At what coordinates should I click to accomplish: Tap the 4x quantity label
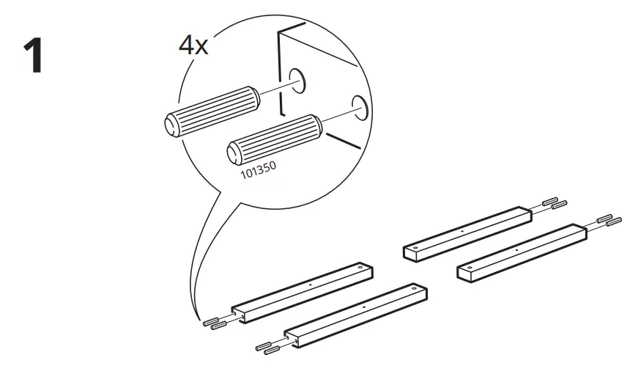click(194, 45)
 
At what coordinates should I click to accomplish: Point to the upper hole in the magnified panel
click(297, 81)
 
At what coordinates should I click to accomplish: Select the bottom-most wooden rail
click(355, 313)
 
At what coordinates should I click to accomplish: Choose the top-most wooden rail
click(470, 231)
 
